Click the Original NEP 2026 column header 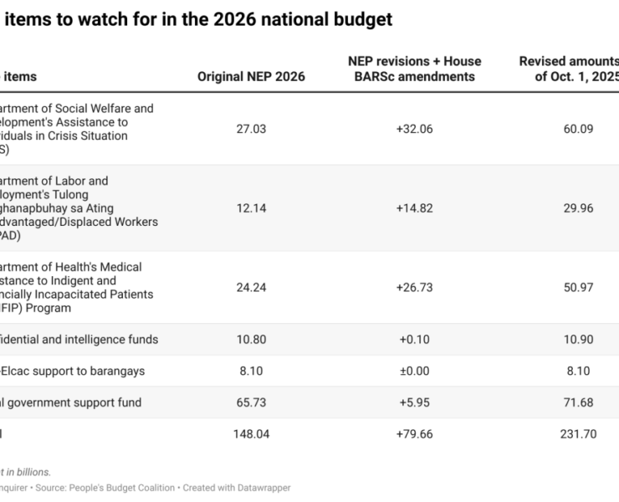tap(251, 77)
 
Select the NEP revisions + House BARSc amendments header tap(414, 69)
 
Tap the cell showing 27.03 tap(251, 129)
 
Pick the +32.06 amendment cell tap(414, 129)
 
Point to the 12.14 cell tap(251, 208)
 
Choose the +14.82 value tap(414, 208)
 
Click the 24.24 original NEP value tap(251, 288)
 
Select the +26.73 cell tap(414, 288)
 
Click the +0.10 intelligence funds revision tap(414, 340)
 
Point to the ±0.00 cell tap(414, 371)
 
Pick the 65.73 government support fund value tap(251, 402)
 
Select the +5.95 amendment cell tap(414, 402)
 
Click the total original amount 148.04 tap(251, 434)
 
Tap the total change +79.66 tap(414, 434)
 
